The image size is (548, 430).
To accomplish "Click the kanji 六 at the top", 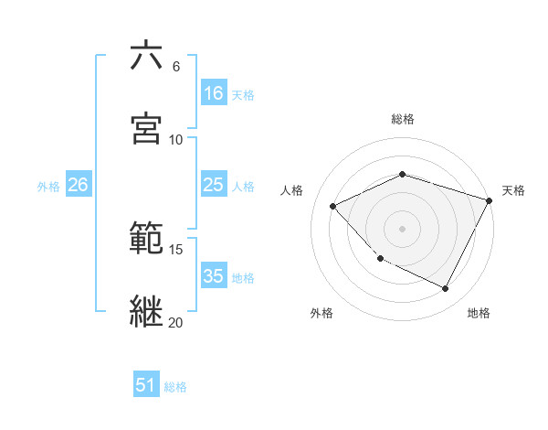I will pyautogui.click(x=147, y=56).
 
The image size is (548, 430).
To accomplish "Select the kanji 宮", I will pyautogui.click(x=147, y=128).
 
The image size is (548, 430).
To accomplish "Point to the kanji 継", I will pyautogui.click(x=147, y=310).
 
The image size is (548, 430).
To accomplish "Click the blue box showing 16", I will pyautogui.click(x=214, y=93).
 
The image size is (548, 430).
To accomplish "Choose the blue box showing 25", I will pyautogui.click(x=214, y=185).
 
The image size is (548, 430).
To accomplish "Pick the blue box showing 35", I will pyautogui.click(x=214, y=276).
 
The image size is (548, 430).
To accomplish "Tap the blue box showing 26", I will pyautogui.click(x=78, y=185).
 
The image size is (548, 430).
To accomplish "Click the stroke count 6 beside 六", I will pyautogui.click(x=176, y=67).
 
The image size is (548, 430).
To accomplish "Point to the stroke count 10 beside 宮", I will pyautogui.click(x=176, y=139).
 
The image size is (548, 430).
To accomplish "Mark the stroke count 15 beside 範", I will pyautogui.click(x=176, y=249).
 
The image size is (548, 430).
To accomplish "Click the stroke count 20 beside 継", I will pyautogui.click(x=176, y=322).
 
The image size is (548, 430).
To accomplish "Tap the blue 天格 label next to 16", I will pyautogui.click(x=243, y=94).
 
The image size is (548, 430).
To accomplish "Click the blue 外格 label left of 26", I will pyautogui.click(x=48, y=186).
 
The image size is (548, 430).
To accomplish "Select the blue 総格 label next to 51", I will pyautogui.click(x=175, y=386).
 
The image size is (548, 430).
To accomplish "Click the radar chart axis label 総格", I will pyautogui.click(x=403, y=119).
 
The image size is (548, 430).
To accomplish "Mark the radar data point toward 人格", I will pyautogui.click(x=333, y=206).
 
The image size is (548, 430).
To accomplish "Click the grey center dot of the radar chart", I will pyautogui.click(x=402, y=228).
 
